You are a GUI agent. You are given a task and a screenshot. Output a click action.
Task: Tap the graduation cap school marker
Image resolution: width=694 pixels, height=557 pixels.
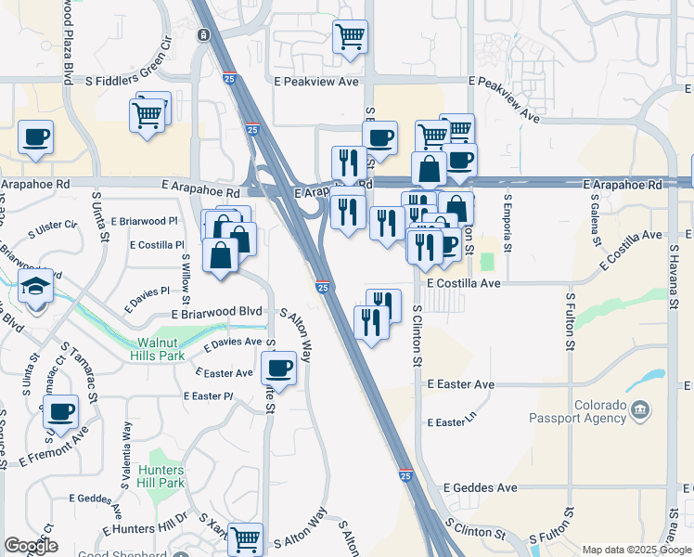[36, 285]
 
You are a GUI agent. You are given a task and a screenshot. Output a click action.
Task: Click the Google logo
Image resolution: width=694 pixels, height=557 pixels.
[30, 546]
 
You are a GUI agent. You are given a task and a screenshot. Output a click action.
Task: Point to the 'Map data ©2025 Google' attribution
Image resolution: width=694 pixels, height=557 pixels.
[636, 550]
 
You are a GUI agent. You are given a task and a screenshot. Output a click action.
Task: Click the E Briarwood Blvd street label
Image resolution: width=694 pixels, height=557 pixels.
[216, 313]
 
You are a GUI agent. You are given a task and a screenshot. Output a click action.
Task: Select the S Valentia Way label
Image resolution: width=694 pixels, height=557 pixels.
[126, 455]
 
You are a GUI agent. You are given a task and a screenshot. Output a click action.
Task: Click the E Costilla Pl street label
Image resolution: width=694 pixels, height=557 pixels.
[159, 245]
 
